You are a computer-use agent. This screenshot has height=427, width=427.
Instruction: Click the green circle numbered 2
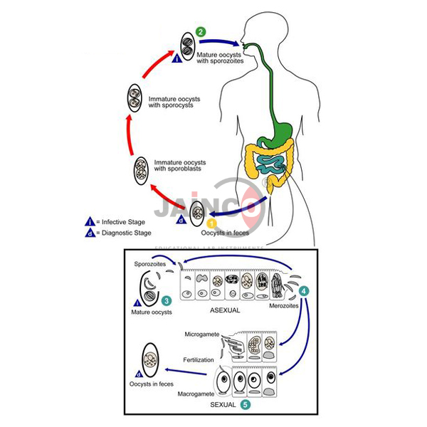tap(201, 32)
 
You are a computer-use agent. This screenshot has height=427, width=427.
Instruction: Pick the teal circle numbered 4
tap(304, 290)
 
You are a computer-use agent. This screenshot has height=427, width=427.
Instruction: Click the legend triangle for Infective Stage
tap(90, 221)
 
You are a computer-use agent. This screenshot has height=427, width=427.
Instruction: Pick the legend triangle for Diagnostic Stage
tap(90, 233)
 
